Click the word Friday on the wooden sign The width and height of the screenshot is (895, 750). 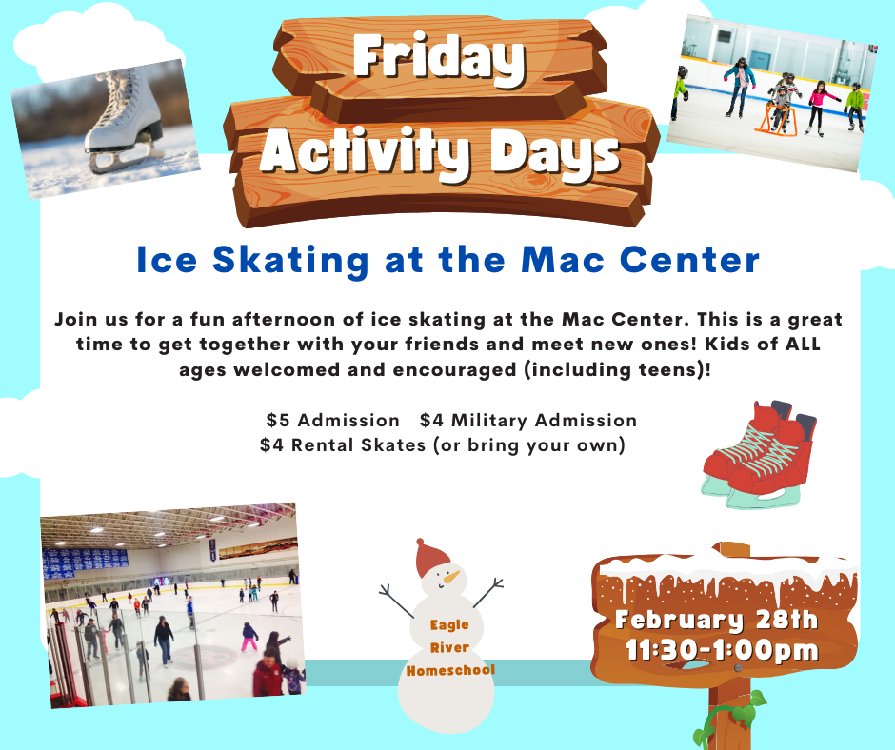pyautogui.click(x=439, y=58)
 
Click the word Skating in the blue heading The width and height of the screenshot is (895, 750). pyautogui.click(x=291, y=260)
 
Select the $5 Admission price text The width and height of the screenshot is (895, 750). pyautogui.click(x=333, y=421)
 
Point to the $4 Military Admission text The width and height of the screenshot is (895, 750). pyautogui.click(x=528, y=421)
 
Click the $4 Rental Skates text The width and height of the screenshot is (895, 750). pyautogui.click(x=343, y=445)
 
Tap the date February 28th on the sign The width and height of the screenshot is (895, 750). pyautogui.click(x=716, y=621)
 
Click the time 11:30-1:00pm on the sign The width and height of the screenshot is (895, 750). pyautogui.click(x=722, y=651)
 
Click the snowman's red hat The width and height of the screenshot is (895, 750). pyautogui.click(x=431, y=558)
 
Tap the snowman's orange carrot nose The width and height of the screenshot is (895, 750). pyautogui.click(x=452, y=577)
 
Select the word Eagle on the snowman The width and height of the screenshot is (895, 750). pyautogui.click(x=449, y=625)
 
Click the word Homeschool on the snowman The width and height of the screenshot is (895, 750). pyautogui.click(x=450, y=670)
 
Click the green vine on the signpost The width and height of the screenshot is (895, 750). pyautogui.click(x=727, y=721)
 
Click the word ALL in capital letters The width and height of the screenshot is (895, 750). pyautogui.click(x=803, y=345)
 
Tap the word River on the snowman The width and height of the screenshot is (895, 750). pyautogui.click(x=449, y=648)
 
